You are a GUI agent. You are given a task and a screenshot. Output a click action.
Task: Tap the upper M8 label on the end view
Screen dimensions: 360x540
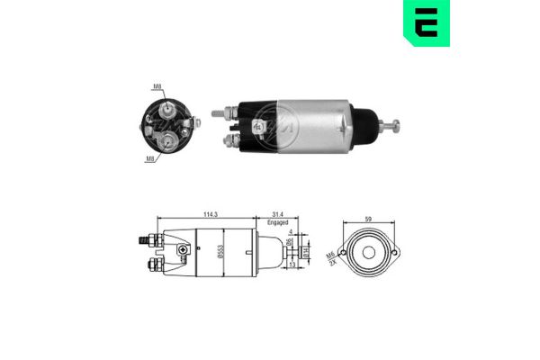click(157, 87)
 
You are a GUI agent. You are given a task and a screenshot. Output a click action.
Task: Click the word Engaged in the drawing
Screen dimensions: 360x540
click(278, 222)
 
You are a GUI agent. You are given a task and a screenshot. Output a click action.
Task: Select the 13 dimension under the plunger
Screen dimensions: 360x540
click(293, 265)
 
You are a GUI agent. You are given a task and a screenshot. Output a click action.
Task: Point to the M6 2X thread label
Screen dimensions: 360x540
click(333, 258)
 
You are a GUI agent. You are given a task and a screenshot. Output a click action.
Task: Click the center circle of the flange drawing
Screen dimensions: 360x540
click(368, 251)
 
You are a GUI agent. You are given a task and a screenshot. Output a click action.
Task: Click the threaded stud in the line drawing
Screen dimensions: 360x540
click(142, 241)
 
